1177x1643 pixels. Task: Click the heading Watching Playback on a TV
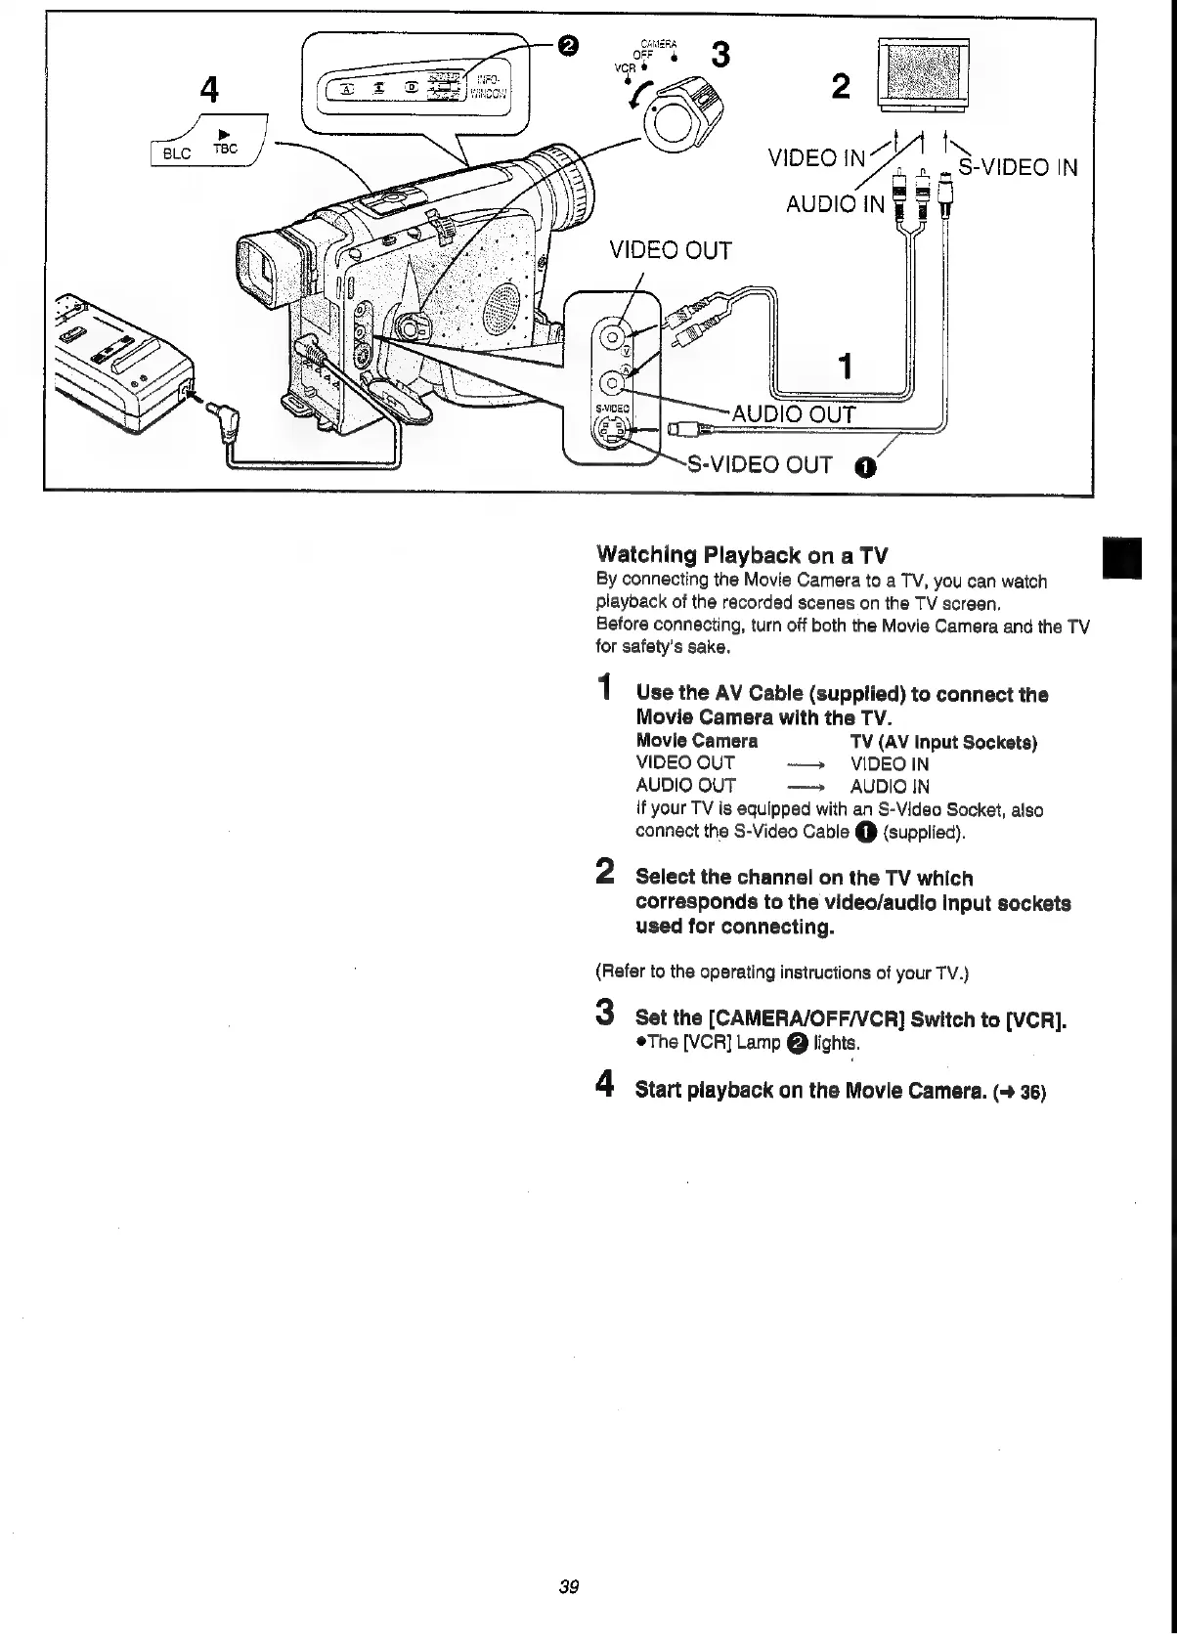pos(742,556)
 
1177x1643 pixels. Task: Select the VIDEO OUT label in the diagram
pos(670,250)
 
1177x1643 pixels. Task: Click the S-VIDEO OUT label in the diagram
pos(761,464)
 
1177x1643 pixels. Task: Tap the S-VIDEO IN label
pos(1018,167)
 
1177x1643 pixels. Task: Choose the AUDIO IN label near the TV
pos(835,203)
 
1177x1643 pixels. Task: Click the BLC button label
pos(177,153)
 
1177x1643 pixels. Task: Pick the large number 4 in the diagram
pos(208,90)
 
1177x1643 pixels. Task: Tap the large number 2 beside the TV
pos(840,88)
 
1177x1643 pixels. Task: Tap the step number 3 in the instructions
pos(605,1012)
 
